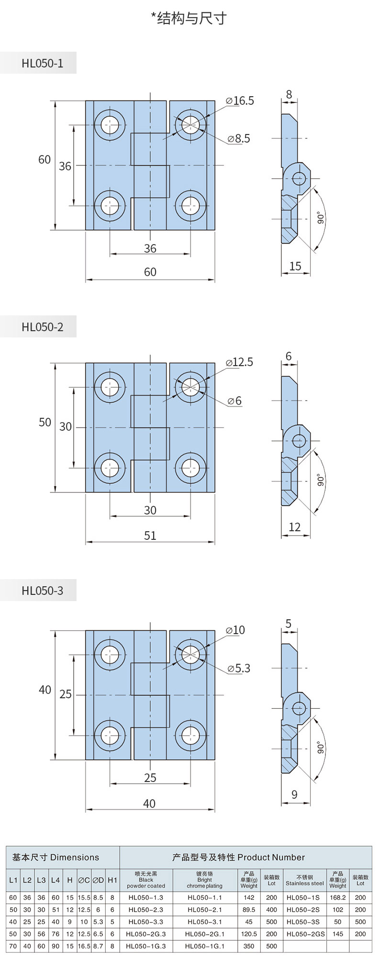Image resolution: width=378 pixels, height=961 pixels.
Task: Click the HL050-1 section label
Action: (x=42, y=63)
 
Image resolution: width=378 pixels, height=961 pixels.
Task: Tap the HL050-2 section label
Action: (x=42, y=327)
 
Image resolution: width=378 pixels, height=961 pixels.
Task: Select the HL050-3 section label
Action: (x=42, y=591)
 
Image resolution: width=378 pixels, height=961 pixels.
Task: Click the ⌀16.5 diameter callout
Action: (x=240, y=101)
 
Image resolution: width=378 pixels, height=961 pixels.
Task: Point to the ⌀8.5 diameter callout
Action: (x=239, y=139)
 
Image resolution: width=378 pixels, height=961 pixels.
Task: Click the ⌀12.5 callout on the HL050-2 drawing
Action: (x=240, y=362)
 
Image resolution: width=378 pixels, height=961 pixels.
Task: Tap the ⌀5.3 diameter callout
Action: (x=239, y=669)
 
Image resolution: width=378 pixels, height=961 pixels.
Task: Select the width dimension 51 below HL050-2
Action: (x=150, y=536)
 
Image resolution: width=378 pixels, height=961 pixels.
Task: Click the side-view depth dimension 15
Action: (x=295, y=266)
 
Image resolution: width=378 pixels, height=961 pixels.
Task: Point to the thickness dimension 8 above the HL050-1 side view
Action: (x=289, y=94)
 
